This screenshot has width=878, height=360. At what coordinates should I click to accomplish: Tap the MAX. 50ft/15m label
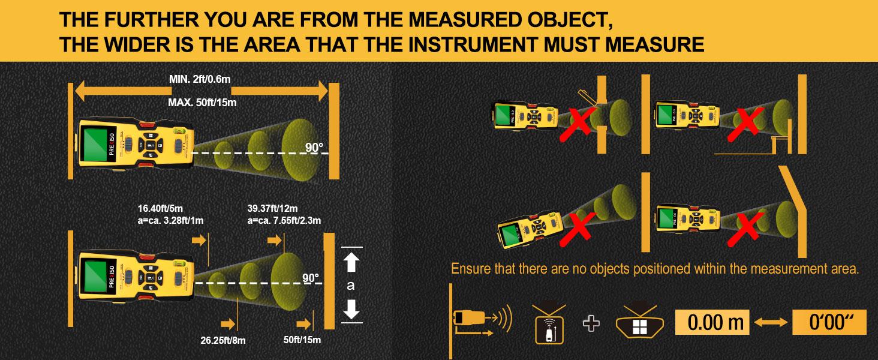tap(202, 103)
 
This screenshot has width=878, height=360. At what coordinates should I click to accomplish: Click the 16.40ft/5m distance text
tap(160, 209)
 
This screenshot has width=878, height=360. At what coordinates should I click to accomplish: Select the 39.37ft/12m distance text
tap(273, 209)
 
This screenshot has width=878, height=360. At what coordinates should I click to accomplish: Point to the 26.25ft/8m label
tap(223, 340)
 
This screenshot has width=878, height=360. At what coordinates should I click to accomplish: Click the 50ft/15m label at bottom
tap(302, 340)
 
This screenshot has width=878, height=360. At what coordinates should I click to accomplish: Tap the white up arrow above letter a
tap(351, 262)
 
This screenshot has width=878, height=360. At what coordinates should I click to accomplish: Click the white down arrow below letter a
tap(351, 308)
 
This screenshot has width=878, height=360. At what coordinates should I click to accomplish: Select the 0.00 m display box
tap(715, 323)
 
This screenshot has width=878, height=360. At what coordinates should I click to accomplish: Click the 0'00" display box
tap(830, 323)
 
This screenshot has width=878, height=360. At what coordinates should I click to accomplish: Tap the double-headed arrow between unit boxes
tap(772, 323)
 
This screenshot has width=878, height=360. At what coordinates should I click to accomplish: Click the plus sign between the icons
tap(591, 323)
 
